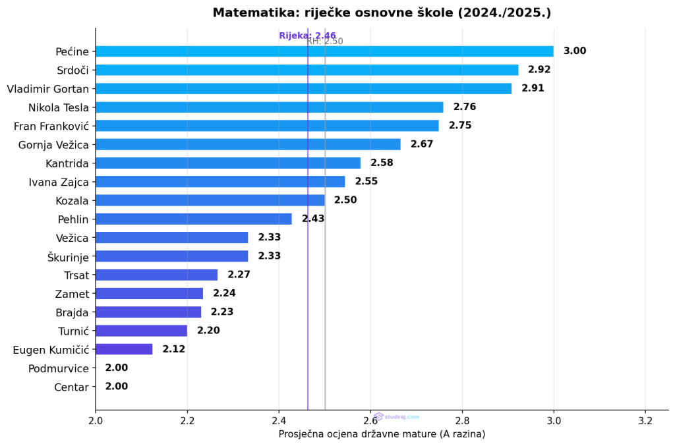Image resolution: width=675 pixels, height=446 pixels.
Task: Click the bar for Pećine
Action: click(324, 51)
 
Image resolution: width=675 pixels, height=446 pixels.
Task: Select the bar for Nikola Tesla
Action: click(269, 107)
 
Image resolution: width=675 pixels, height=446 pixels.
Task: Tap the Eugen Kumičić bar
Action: click(124, 349)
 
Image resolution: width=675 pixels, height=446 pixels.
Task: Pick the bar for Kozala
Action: click(210, 200)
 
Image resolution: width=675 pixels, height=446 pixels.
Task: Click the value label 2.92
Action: click(539, 70)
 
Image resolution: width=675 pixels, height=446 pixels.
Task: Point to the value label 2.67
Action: click(422, 144)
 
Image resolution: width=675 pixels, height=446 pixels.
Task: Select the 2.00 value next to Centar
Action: click(117, 387)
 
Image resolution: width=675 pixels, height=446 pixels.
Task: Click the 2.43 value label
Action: click(313, 219)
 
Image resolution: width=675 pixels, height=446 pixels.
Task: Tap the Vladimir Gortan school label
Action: click(47, 88)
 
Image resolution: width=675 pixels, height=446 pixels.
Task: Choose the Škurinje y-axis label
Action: click(68, 256)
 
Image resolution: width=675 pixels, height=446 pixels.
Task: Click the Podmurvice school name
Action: click(58, 368)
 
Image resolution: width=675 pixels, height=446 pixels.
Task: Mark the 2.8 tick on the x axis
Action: click(462, 420)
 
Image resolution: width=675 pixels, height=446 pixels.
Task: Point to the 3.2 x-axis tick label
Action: click(645, 420)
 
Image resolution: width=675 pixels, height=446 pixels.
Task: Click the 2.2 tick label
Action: click(187, 420)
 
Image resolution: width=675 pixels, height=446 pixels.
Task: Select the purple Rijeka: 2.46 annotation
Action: click(307, 36)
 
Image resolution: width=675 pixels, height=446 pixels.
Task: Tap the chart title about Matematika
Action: click(382, 13)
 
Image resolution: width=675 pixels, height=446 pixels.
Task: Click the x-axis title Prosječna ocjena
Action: click(382, 434)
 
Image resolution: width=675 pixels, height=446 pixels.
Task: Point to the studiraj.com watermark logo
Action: click(396, 416)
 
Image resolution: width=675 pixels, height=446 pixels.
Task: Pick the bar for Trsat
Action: click(156, 275)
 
